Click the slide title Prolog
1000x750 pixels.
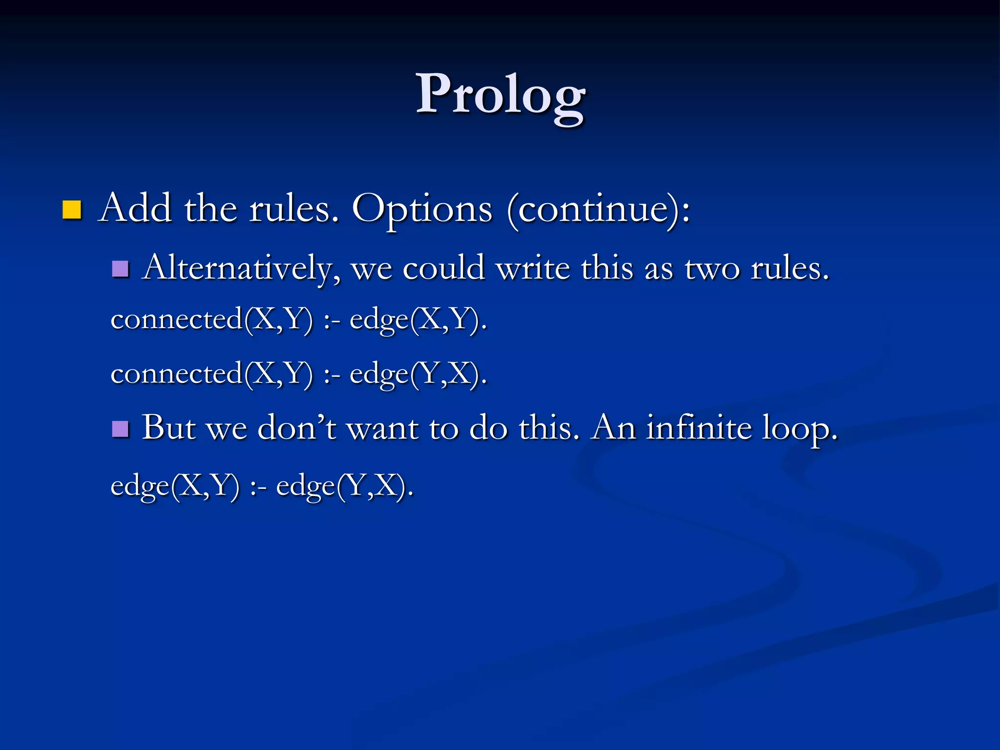click(x=500, y=95)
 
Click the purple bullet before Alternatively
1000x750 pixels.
click(x=120, y=269)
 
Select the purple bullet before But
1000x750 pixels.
click(x=120, y=429)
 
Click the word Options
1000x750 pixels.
click(x=422, y=209)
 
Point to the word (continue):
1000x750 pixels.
click(x=599, y=209)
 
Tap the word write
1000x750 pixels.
click(x=533, y=269)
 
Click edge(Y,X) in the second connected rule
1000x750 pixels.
click(x=418, y=375)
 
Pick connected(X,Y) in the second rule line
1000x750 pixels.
click(x=211, y=375)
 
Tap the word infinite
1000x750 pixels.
click(x=699, y=428)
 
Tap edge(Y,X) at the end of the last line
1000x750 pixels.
click(x=345, y=486)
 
